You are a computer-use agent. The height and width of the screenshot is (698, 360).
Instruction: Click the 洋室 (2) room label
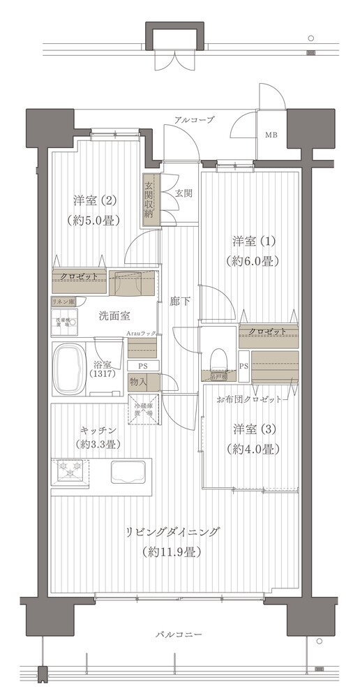pyautogui.click(x=95, y=201)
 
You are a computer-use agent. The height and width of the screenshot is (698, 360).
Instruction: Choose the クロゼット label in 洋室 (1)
pyautogui.click(x=265, y=331)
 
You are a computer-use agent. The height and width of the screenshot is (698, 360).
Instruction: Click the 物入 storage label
pyautogui.click(x=137, y=382)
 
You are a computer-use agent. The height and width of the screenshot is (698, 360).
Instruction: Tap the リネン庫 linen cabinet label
pyautogui.click(x=63, y=302)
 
